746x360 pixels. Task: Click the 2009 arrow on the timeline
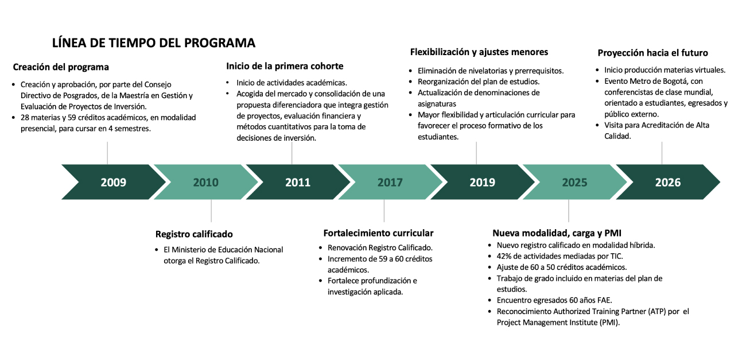(113, 182)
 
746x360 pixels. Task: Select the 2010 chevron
(206, 182)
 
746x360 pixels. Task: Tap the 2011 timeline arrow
(298, 182)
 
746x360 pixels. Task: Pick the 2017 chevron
(390, 182)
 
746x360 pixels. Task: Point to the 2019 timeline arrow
(482, 182)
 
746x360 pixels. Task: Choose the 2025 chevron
(574, 182)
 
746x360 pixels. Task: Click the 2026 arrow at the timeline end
(668, 182)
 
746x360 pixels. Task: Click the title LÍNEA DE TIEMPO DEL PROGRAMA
(154, 43)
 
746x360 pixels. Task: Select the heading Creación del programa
(61, 67)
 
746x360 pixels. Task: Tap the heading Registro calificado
(194, 234)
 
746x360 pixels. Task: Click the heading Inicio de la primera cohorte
(285, 66)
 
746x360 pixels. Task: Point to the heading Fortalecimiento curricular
(378, 233)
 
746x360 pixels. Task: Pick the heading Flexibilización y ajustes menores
(479, 52)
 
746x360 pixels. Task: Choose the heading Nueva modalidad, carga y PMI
(557, 233)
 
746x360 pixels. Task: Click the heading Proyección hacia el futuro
(653, 53)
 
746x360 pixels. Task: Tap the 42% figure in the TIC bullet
(504, 256)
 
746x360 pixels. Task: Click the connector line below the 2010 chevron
(211, 211)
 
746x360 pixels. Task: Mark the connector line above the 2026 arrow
(662, 153)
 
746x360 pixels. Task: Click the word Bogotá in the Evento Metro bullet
(679, 82)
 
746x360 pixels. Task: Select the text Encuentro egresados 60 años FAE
(554, 300)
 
